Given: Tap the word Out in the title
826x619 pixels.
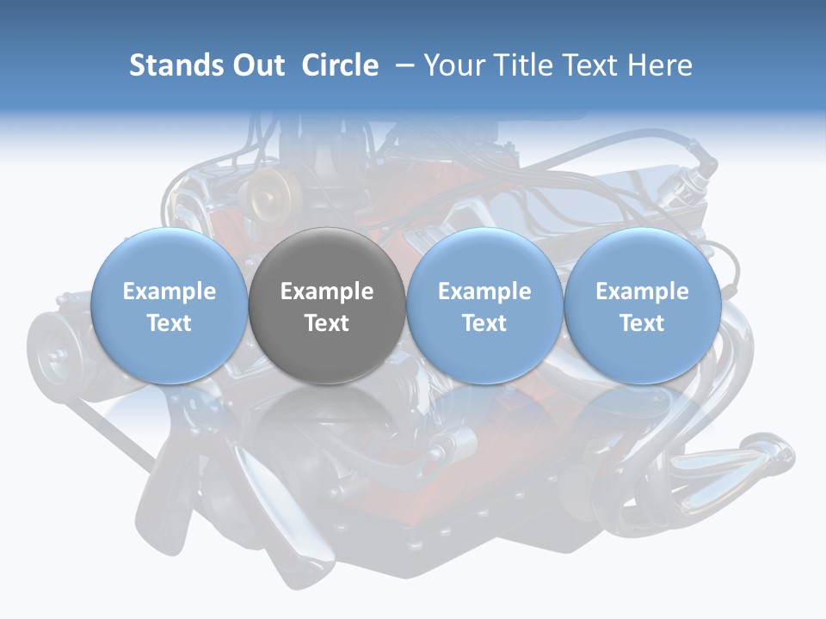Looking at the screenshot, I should [x=256, y=65].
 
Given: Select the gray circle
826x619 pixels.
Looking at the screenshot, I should [x=327, y=305].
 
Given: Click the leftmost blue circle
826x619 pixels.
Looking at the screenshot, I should [x=170, y=305].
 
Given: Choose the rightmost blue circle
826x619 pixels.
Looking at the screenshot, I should [x=642, y=305].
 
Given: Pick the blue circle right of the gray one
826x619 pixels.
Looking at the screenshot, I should [x=484, y=305].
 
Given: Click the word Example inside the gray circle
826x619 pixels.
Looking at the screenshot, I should [x=327, y=291].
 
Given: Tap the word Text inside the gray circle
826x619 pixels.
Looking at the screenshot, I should [x=327, y=323].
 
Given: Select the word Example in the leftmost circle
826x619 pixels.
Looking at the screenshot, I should [x=170, y=291].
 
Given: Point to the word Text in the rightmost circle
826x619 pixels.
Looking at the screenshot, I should [x=642, y=323].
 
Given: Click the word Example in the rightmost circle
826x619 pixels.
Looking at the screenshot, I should [x=642, y=291].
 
